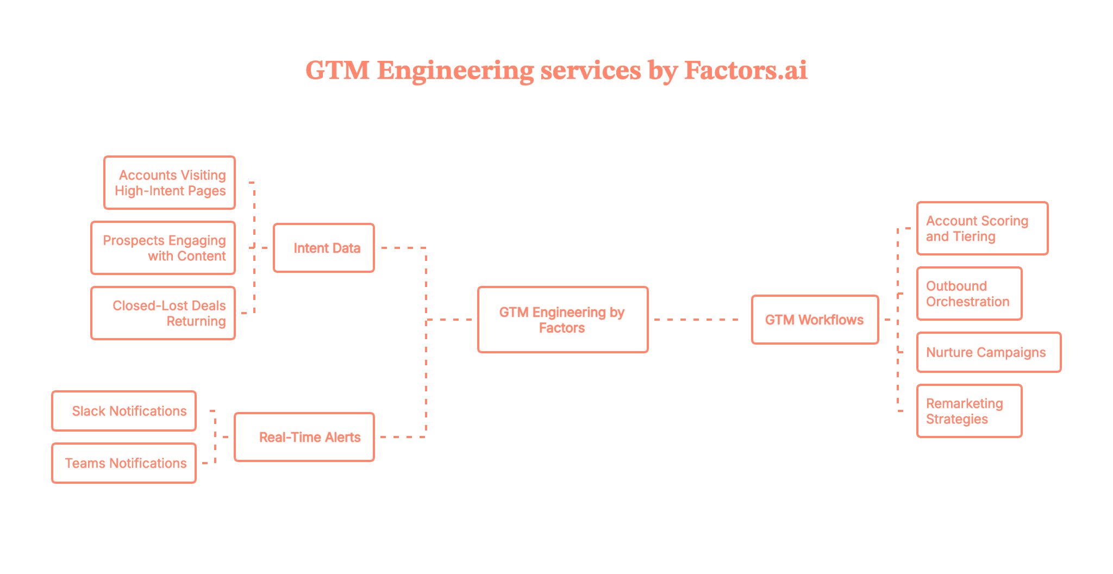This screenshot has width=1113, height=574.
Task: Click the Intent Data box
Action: point(324,248)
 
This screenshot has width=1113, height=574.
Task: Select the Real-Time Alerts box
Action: point(304,437)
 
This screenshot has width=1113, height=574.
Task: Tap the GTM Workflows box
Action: point(815,320)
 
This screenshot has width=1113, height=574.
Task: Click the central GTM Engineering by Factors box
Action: point(562,320)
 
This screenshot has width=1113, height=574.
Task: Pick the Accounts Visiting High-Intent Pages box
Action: point(170,183)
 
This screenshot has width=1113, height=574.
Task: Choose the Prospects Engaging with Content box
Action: point(163,248)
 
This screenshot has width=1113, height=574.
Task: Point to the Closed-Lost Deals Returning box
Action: point(163,313)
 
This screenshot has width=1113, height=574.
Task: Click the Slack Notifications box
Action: point(124,411)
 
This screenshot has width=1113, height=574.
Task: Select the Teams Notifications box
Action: point(124,463)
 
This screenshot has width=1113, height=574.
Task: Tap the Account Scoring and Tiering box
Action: point(982,228)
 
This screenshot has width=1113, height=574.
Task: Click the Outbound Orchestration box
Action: point(969,294)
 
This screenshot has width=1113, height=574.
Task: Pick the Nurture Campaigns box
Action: point(989,352)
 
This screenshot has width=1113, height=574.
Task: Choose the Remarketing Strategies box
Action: point(969,411)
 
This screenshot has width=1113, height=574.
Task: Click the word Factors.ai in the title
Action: point(745,71)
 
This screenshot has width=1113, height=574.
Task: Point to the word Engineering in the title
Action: point(455,71)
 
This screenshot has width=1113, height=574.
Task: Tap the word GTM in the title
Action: point(337,71)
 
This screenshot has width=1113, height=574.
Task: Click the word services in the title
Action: point(591,71)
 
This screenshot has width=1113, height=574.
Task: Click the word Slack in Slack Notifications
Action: point(89,411)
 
